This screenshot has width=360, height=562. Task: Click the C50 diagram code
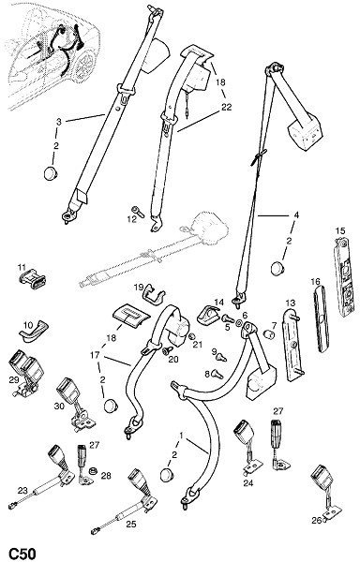[22, 554]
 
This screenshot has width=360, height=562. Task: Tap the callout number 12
[132, 219]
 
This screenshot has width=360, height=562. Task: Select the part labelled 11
[32, 279]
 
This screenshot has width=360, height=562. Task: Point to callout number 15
[340, 230]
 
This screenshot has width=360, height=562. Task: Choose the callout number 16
[316, 282]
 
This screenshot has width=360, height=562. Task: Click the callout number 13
[291, 303]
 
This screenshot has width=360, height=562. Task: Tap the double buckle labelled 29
[26, 372]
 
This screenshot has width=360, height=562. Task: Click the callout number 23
[22, 491]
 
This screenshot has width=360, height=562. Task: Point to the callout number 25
[131, 524]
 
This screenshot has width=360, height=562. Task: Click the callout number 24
[248, 483]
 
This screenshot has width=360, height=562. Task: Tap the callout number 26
[316, 521]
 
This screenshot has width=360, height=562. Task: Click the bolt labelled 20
[167, 351]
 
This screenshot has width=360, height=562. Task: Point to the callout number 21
[198, 345]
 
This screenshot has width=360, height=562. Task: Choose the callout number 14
[218, 303]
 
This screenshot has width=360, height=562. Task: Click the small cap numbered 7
[269, 334]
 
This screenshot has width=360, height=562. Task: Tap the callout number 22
[227, 107]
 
